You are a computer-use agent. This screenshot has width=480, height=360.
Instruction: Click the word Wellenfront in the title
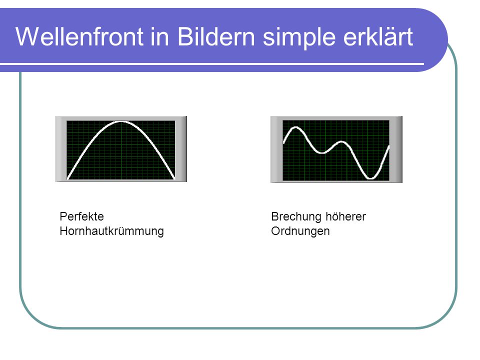tap(79, 36)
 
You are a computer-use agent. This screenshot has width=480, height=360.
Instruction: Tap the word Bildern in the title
tap(216, 36)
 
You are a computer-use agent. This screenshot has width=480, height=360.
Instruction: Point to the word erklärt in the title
tap(378, 36)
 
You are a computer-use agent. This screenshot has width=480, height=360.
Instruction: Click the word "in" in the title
tap(160, 36)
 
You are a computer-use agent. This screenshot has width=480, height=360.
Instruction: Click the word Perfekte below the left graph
tap(81, 216)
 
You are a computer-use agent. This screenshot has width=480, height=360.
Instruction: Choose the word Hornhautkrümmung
tap(111, 231)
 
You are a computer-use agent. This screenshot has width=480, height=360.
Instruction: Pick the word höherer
tap(345, 216)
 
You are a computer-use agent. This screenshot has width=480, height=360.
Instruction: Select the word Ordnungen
tap(300, 231)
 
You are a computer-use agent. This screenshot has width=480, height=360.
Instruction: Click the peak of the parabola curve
tap(121, 122)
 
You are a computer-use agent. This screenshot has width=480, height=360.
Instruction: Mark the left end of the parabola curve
tap(67, 178)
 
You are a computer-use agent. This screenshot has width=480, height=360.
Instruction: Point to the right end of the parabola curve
tap(174, 178)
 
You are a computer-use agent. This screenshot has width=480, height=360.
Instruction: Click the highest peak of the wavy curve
tap(295, 127)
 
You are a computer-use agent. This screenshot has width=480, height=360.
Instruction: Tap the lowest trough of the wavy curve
tap(370, 178)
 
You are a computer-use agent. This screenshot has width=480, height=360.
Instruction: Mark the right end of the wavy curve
tap(389, 146)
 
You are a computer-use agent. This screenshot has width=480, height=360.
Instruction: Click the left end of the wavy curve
tap(284, 142)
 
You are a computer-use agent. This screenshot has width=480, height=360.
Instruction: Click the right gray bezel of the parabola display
tap(181, 149)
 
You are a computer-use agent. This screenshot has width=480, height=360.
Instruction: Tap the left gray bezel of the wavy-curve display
tap(276, 149)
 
